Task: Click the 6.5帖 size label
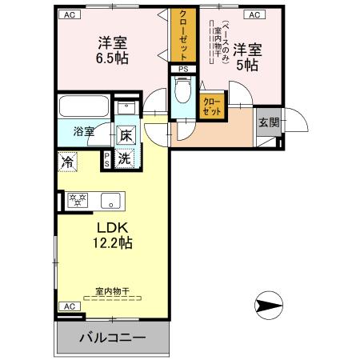(114, 58)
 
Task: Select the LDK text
(111, 226)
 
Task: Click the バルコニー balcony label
(112, 338)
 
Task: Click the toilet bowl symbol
(182, 94)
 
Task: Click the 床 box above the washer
(126, 136)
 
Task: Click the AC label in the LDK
(69, 306)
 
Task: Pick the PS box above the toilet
(183, 70)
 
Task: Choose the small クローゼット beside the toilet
(212, 106)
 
